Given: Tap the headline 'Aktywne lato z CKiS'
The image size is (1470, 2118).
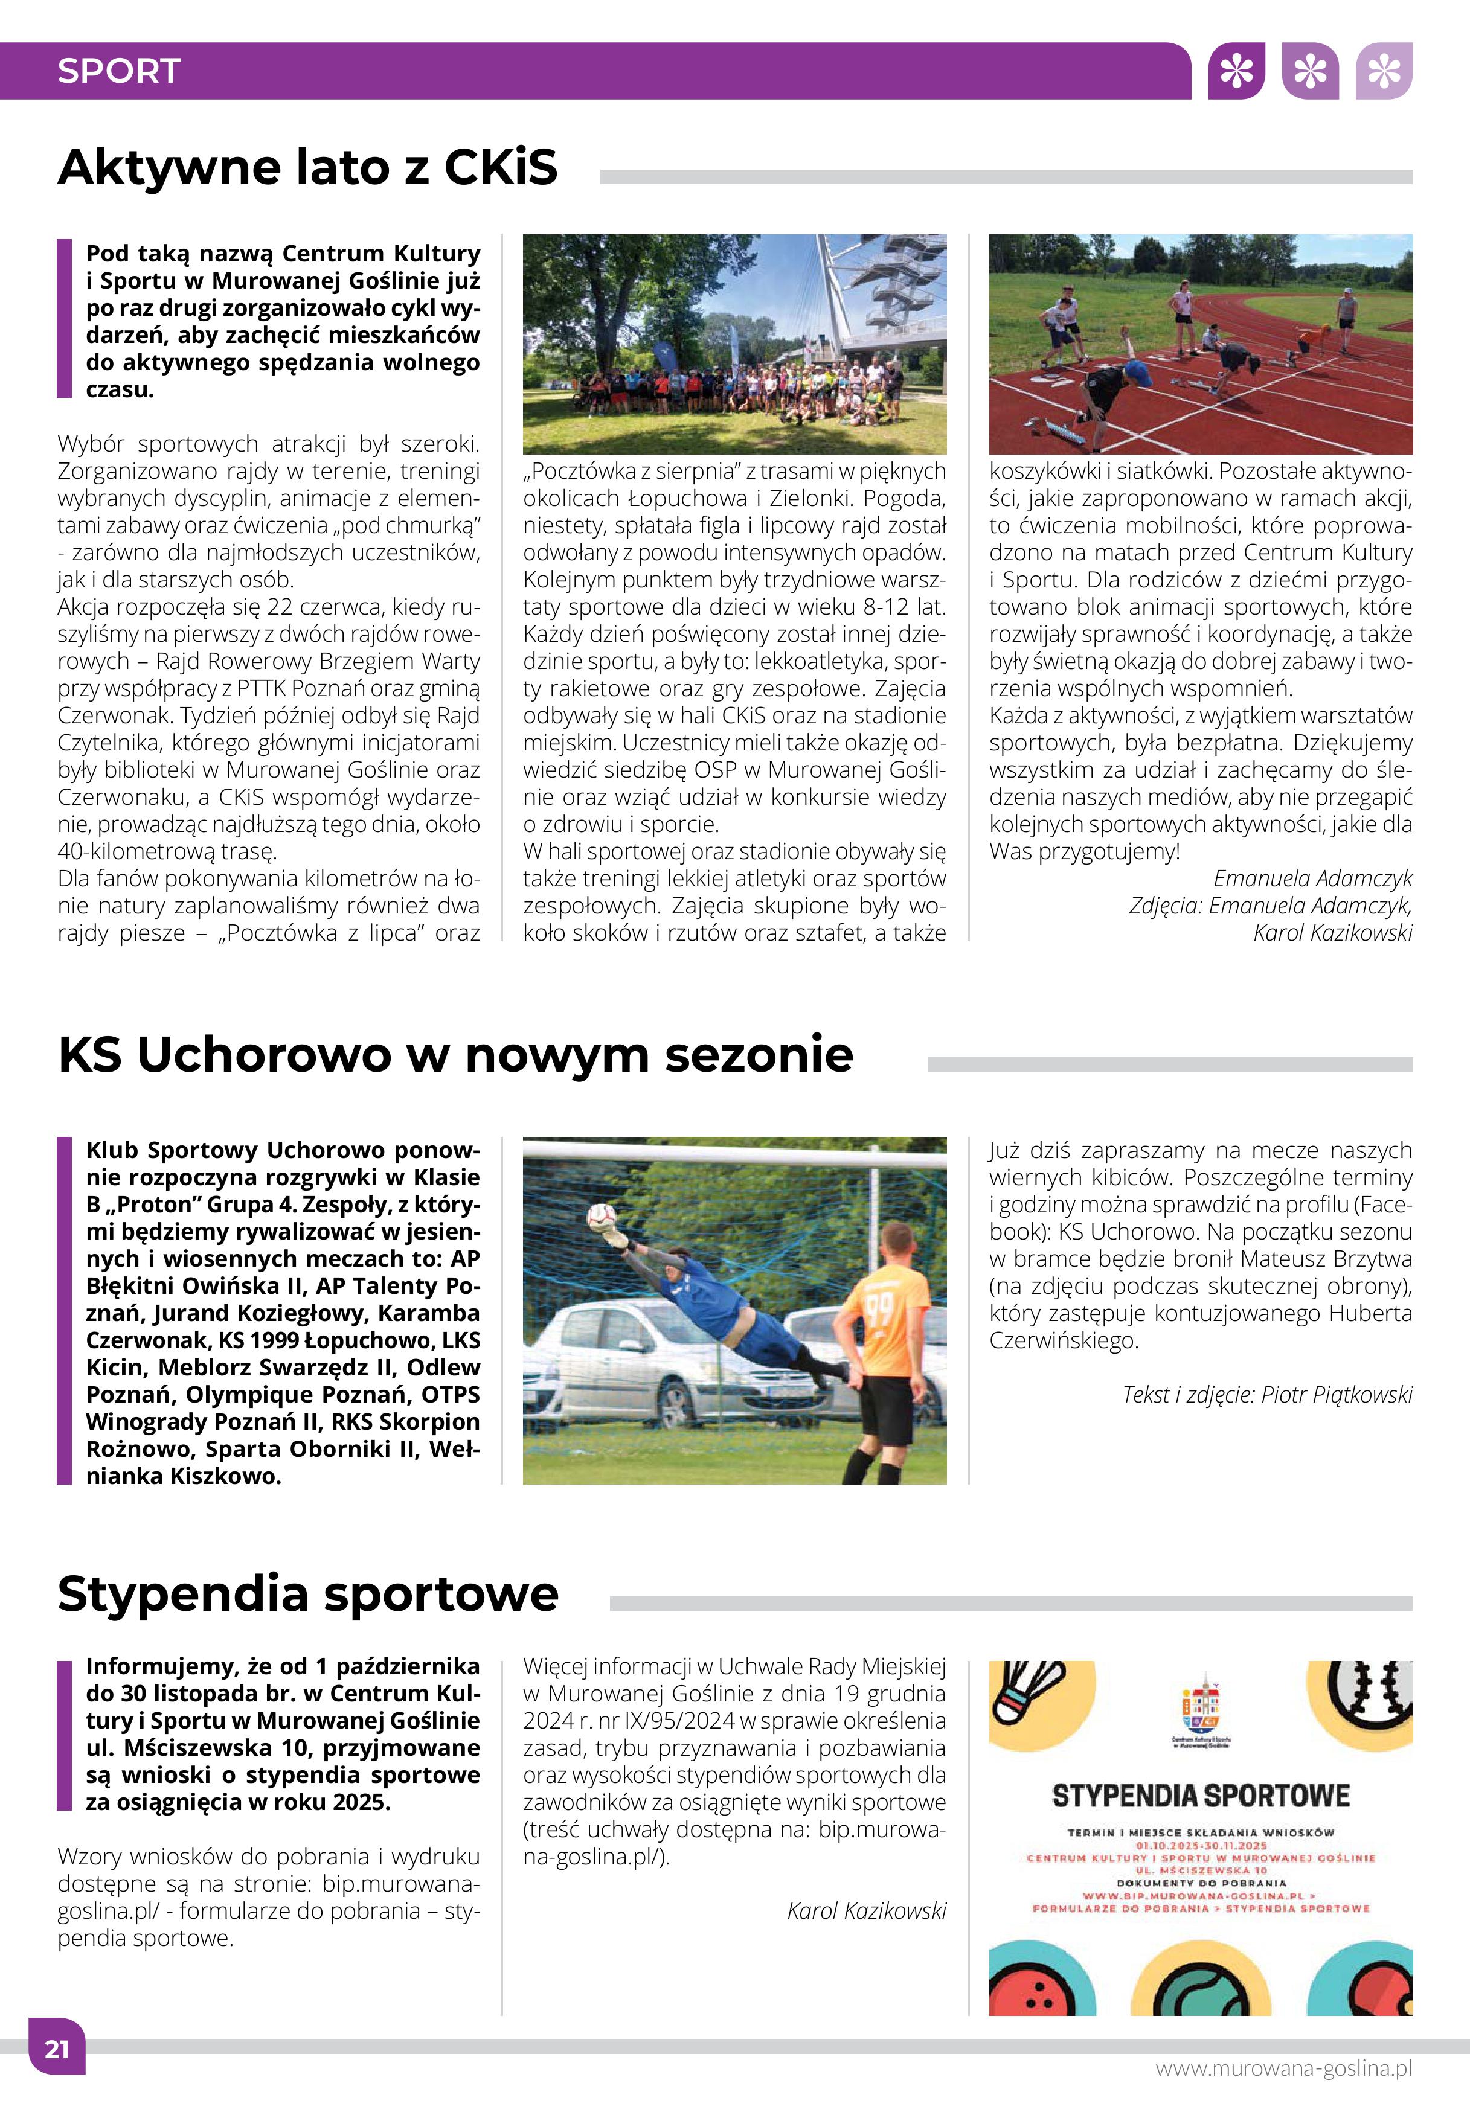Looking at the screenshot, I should tap(307, 168).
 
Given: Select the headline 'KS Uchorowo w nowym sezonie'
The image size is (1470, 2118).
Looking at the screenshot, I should tap(455, 1054).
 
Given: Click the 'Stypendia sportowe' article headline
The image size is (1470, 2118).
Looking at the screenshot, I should tap(307, 1594).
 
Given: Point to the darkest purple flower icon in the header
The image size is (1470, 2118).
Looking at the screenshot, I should tap(1236, 71).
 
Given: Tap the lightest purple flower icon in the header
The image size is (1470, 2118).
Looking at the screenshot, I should tap(1384, 71).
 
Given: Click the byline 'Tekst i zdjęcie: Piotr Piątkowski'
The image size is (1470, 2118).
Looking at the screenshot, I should tap(1266, 1394).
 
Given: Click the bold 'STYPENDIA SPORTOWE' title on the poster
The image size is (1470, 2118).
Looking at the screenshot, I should tap(1200, 1795).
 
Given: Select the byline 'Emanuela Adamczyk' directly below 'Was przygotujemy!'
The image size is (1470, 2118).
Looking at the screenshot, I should tap(1312, 878).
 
